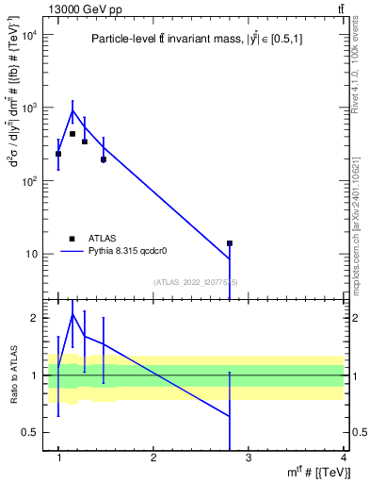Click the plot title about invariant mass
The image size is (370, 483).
pos(198,39)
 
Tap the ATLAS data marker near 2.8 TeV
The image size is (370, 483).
pos(229,243)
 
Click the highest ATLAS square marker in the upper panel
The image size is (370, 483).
pos(72,134)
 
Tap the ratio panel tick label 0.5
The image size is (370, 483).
pos(33,432)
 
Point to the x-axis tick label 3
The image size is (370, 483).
pos(248,458)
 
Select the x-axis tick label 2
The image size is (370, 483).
pos(153,458)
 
